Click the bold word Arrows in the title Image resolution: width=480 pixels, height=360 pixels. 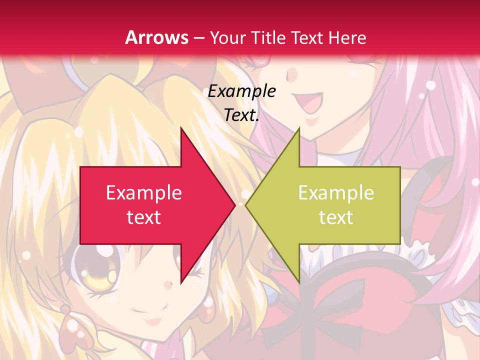coord(156,37)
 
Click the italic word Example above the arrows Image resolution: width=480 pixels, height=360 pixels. coord(241,91)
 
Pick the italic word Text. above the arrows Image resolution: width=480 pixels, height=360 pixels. coord(241,115)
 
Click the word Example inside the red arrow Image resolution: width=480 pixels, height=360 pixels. coord(143,192)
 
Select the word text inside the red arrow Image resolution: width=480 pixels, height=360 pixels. coord(143,217)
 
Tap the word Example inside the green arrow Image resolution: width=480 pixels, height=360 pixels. coord(336,192)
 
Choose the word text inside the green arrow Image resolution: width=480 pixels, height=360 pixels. coord(336,217)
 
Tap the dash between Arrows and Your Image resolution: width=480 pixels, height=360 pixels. coord(198,38)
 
